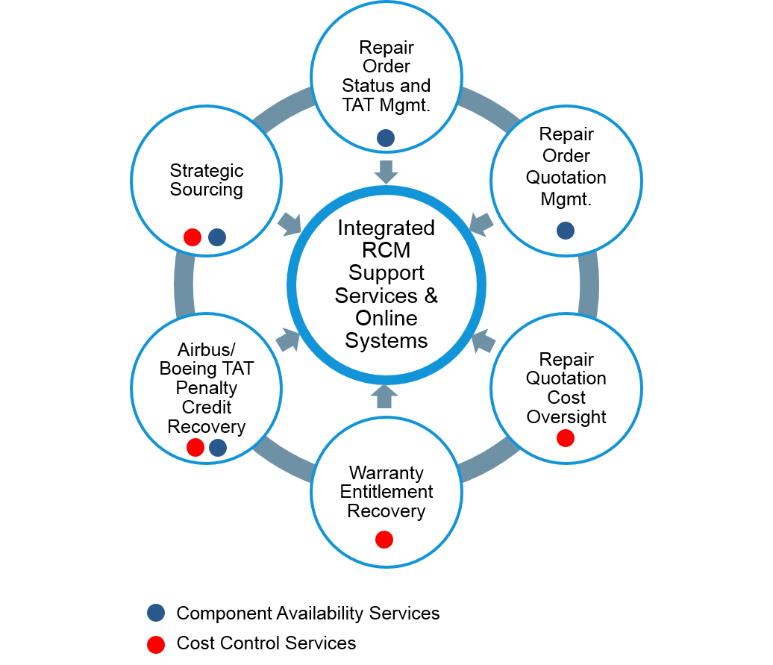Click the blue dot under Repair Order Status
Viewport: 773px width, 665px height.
point(386,137)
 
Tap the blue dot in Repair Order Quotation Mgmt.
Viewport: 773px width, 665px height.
point(566,231)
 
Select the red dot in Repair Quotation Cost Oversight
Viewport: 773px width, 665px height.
point(566,438)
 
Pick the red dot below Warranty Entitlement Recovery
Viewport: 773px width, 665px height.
point(384,540)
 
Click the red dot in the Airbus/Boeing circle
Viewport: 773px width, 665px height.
point(195,448)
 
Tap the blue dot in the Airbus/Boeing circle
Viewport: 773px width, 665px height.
point(218,448)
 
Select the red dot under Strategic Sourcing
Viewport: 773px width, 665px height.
point(193,237)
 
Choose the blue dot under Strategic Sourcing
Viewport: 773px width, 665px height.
point(217,237)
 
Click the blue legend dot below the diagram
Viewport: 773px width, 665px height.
point(156,613)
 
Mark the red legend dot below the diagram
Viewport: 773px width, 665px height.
point(156,645)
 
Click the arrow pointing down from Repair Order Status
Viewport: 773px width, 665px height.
point(386,172)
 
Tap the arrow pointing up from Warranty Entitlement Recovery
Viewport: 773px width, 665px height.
point(384,396)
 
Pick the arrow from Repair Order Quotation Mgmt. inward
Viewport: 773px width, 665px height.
point(481,223)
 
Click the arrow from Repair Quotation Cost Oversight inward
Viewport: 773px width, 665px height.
point(483,341)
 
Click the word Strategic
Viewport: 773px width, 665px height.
point(207,171)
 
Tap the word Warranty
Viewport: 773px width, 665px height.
point(386,473)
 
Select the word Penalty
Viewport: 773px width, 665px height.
point(207,388)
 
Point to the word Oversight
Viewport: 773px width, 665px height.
point(566,416)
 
